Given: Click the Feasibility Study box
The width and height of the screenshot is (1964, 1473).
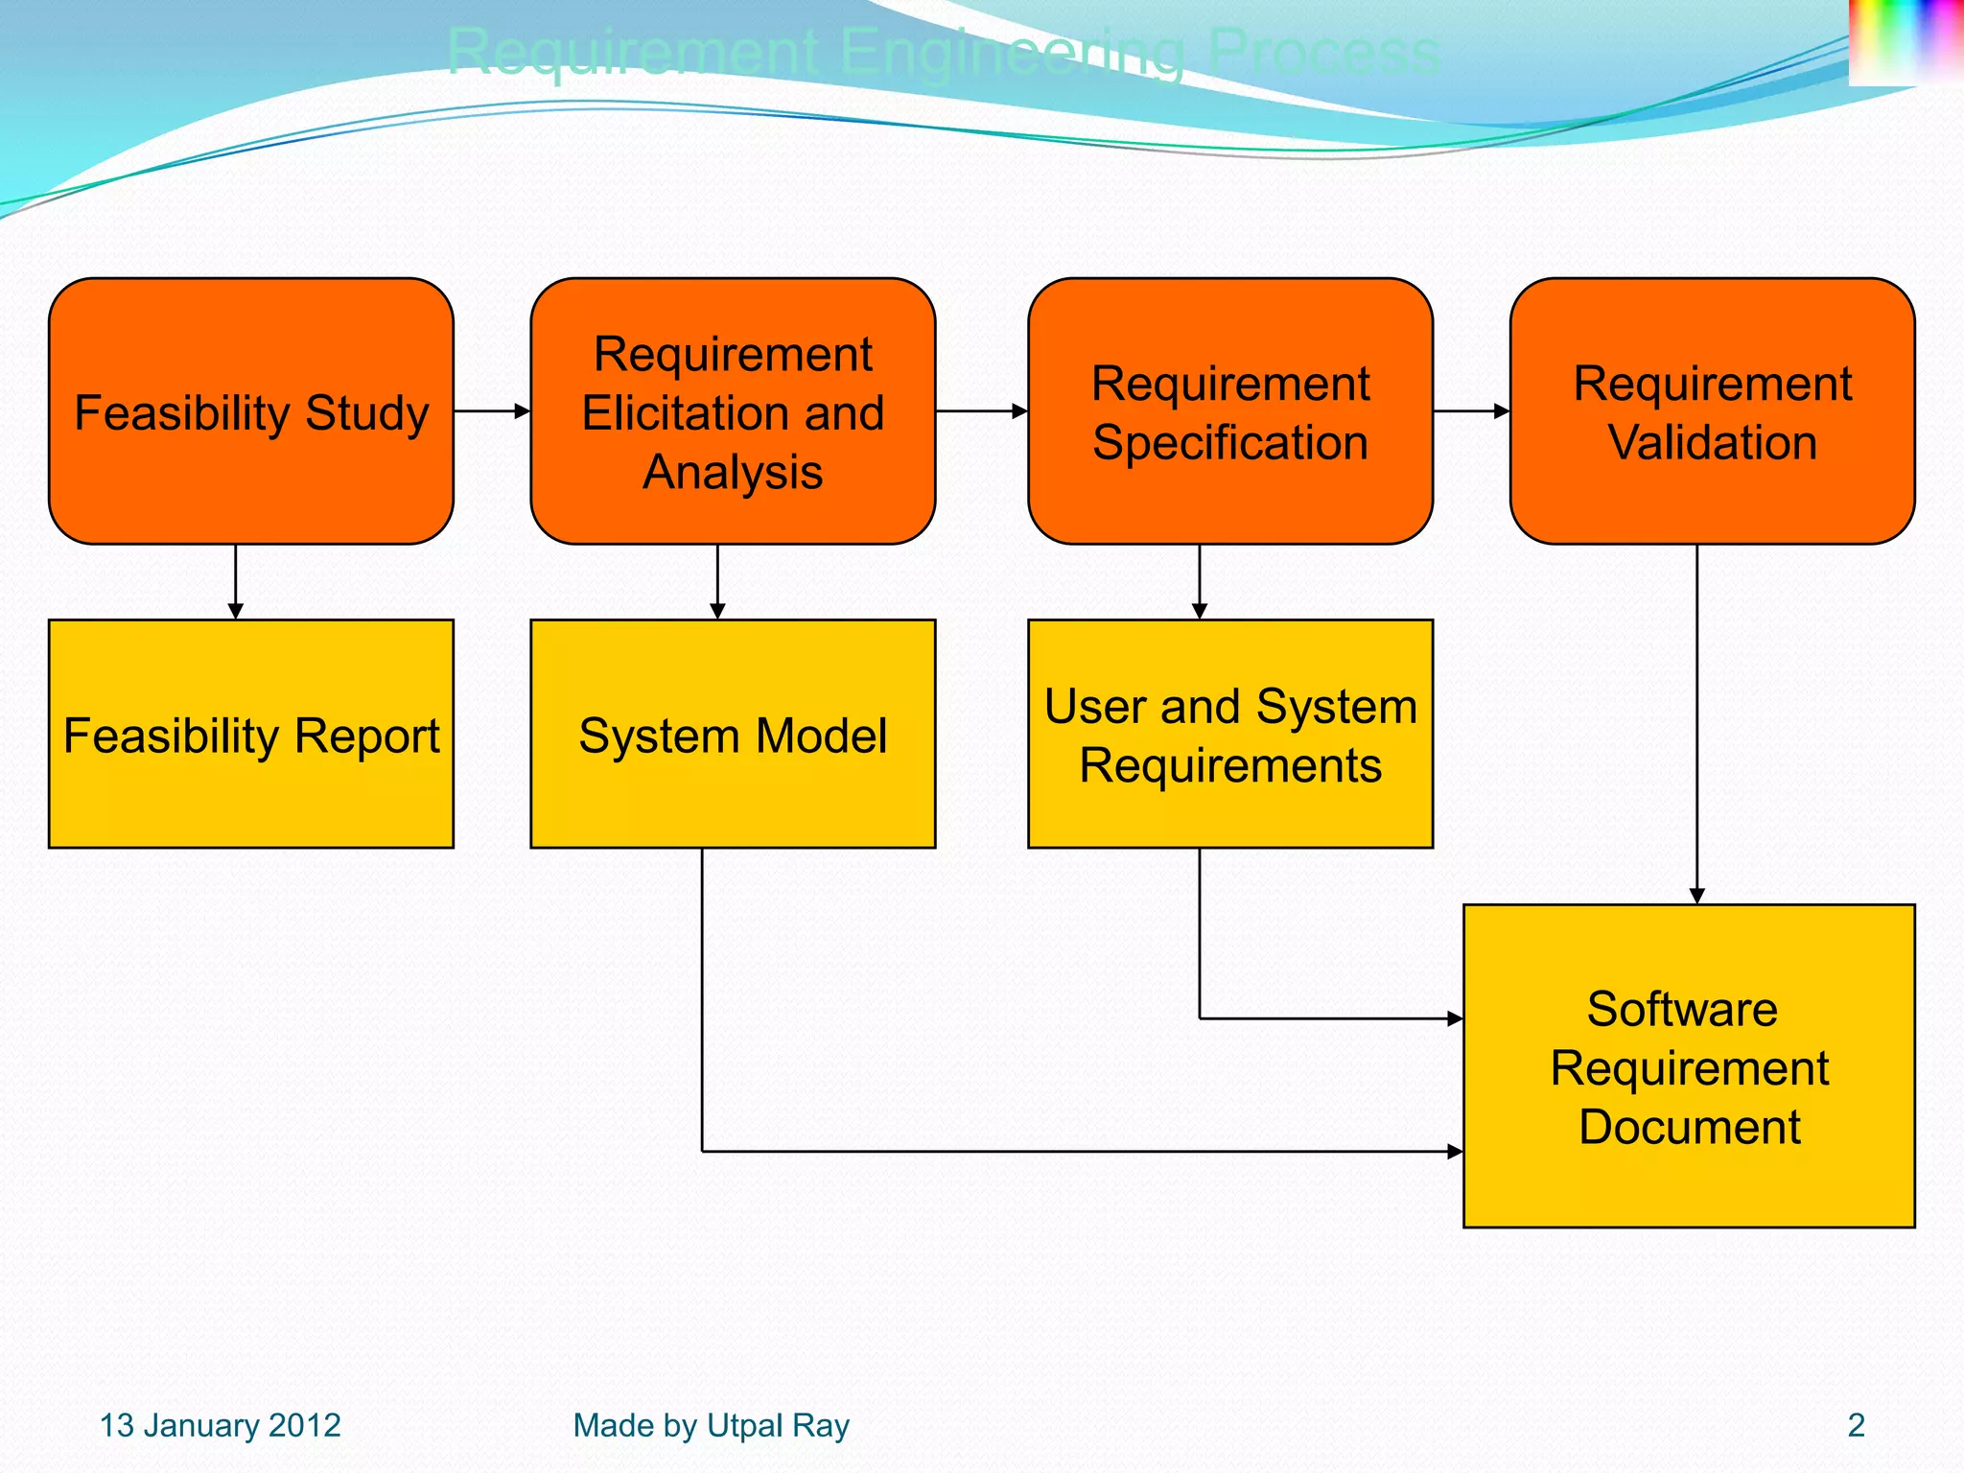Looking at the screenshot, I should [251, 411].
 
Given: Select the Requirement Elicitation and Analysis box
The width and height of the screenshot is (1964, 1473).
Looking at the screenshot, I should [733, 411].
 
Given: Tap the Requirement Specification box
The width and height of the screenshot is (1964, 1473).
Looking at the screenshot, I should [1230, 411].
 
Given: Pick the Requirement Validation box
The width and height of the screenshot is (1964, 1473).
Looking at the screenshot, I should [1712, 411].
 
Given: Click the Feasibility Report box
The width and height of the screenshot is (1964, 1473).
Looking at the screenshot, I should [251, 734].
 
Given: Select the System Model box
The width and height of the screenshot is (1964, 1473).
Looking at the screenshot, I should [733, 734].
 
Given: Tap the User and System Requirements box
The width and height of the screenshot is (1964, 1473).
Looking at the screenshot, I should [1230, 734].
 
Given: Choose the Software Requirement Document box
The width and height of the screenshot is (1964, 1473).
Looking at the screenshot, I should [1689, 1065].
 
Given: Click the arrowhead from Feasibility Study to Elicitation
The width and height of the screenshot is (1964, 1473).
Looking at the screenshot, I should [523, 411].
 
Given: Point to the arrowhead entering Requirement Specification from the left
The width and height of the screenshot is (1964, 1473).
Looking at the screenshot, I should [1020, 411].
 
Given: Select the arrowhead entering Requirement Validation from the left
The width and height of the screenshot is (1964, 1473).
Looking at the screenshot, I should [1503, 411].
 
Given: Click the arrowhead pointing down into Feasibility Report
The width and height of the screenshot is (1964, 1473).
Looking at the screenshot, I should [236, 611].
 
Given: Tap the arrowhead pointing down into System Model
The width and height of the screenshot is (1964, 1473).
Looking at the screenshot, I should [717, 611].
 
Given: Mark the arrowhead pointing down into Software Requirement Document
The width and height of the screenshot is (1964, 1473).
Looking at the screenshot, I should [1696, 896].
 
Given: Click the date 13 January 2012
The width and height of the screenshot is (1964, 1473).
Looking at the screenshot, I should [221, 1425].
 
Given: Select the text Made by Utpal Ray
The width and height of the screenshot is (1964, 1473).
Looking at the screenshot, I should [711, 1425].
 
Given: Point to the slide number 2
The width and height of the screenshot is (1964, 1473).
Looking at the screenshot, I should [1856, 1425].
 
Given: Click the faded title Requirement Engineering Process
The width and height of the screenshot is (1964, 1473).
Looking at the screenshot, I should [944, 52].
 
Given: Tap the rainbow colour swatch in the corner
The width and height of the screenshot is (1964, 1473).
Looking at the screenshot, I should [1905, 40].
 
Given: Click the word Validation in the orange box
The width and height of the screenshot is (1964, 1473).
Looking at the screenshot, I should [1712, 443].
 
